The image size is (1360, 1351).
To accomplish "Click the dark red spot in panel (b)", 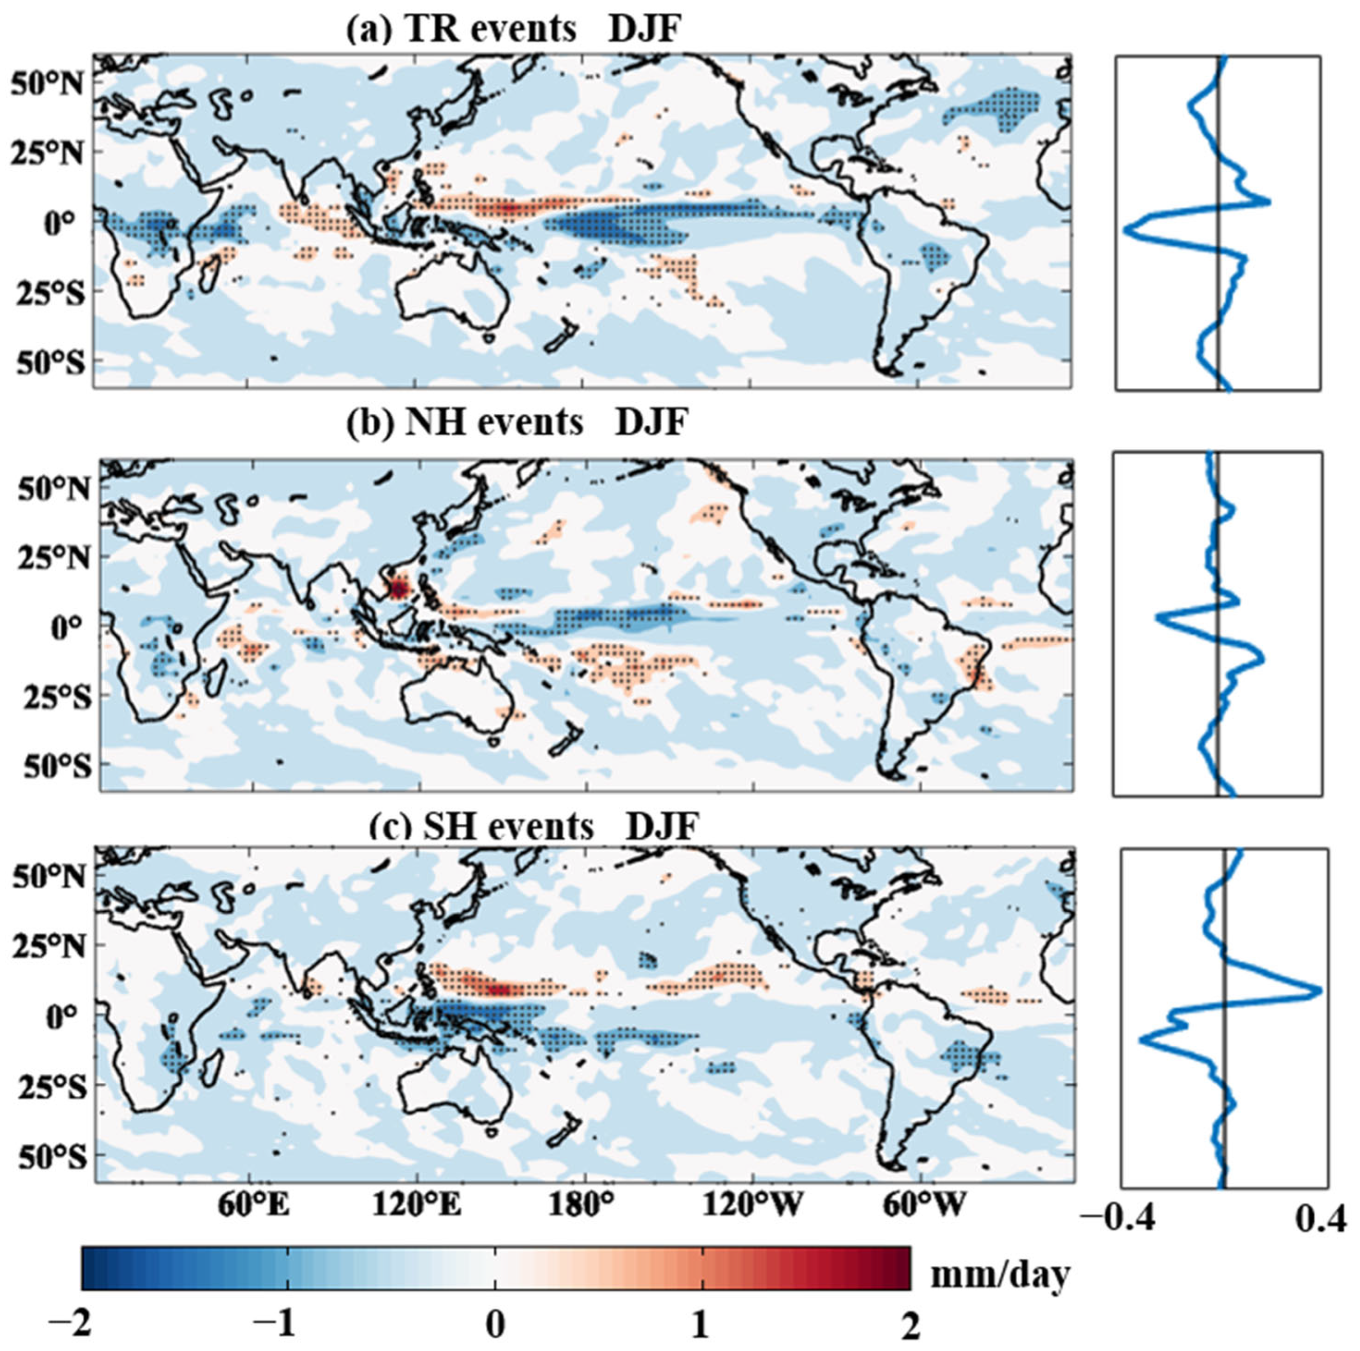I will (x=399, y=588).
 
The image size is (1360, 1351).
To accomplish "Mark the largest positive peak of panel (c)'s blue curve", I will (x=1318, y=991).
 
